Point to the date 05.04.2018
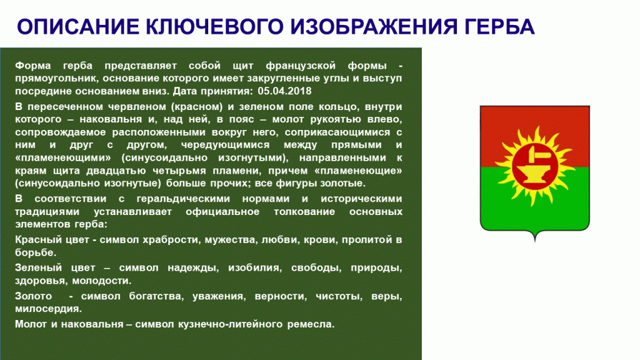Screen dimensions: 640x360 [284, 91]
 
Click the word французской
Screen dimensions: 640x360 [301, 65]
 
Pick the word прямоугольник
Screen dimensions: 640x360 [56, 78]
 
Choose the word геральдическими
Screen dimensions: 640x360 [183, 199]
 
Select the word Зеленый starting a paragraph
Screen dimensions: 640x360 [38, 267]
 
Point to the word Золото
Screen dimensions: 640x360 [34, 296]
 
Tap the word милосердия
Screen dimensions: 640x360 [47, 309]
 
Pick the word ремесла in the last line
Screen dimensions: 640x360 [310, 324]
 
